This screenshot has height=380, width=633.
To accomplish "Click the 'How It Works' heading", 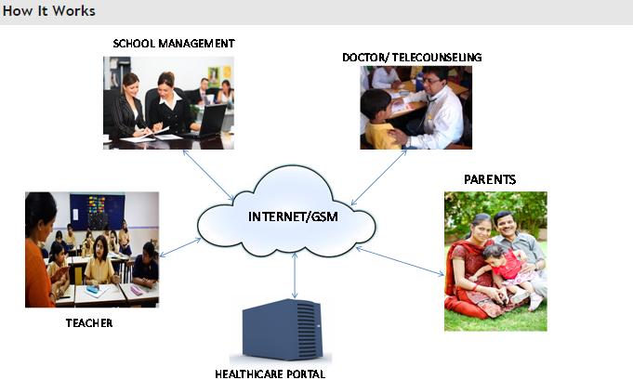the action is [x=49, y=11].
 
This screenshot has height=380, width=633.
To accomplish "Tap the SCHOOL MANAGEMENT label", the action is [x=174, y=44].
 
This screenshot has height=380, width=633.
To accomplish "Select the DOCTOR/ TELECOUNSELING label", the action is [x=412, y=58].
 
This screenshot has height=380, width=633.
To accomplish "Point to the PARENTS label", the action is [x=490, y=179].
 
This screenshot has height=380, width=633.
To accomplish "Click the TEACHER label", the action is [x=89, y=323].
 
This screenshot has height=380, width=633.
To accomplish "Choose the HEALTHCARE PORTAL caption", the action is [x=270, y=373].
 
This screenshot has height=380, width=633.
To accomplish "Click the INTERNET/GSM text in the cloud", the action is [x=293, y=216].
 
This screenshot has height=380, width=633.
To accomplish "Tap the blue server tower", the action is [x=283, y=329].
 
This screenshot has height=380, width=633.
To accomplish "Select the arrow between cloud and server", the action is [x=295, y=276].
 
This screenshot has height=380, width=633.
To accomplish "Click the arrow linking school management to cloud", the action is [x=208, y=176].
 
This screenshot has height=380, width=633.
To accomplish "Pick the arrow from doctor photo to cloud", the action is [x=378, y=177].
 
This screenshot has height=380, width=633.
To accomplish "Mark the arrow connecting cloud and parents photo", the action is [x=400, y=261].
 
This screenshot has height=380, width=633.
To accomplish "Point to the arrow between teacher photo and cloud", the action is [x=180, y=247].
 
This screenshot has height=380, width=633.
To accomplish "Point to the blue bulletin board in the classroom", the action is [x=98, y=212].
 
